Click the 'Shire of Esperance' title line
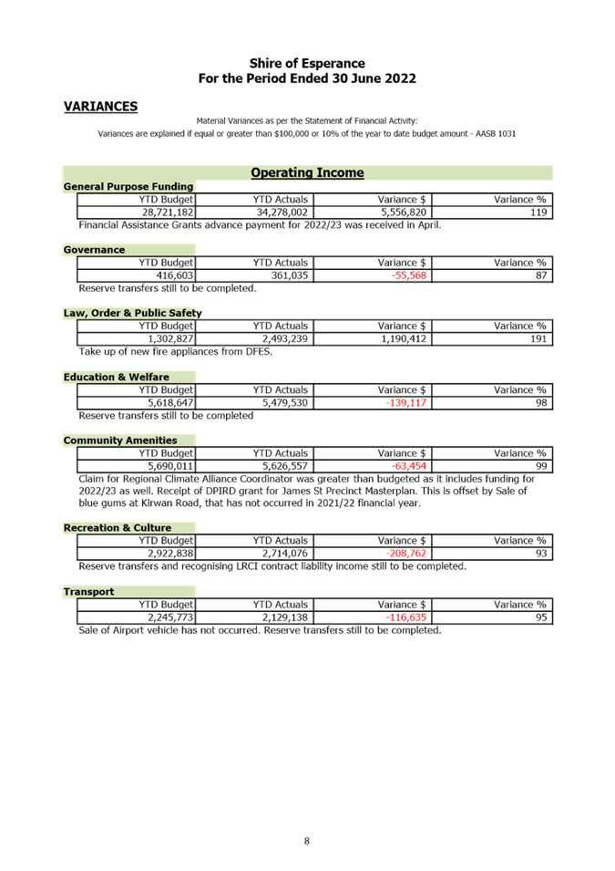click(x=307, y=63)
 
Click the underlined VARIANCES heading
click(x=100, y=107)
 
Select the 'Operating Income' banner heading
click(x=307, y=172)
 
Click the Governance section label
click(x=95, y=250)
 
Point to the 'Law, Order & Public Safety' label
click(x=132, y=313)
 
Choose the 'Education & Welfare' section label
click(x=116, y=377)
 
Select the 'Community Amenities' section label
click(x=120, y=441)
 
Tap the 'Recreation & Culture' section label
click(x=117, y=527)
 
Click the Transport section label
click(x=88, y=592)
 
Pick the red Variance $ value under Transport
click(x=406, y=617)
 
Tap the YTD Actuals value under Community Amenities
click(x=285, y=466)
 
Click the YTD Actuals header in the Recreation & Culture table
click(x=282, y=540)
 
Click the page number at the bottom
click(x=307, y=840)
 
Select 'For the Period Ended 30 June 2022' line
click(x=307, y=78)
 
